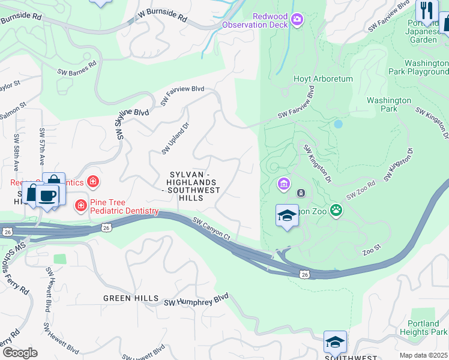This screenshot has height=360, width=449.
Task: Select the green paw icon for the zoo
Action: click(337, 211)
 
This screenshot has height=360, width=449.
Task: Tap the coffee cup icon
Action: click(47, 195)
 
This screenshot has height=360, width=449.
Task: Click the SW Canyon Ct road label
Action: click(211, 229)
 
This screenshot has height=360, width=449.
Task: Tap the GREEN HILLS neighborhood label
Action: click(131, 298)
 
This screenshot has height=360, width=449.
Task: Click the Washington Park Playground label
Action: click(418, 67)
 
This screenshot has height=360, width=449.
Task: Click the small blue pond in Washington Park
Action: click(339, 124)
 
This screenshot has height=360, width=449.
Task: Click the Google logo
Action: click(19, 352)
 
